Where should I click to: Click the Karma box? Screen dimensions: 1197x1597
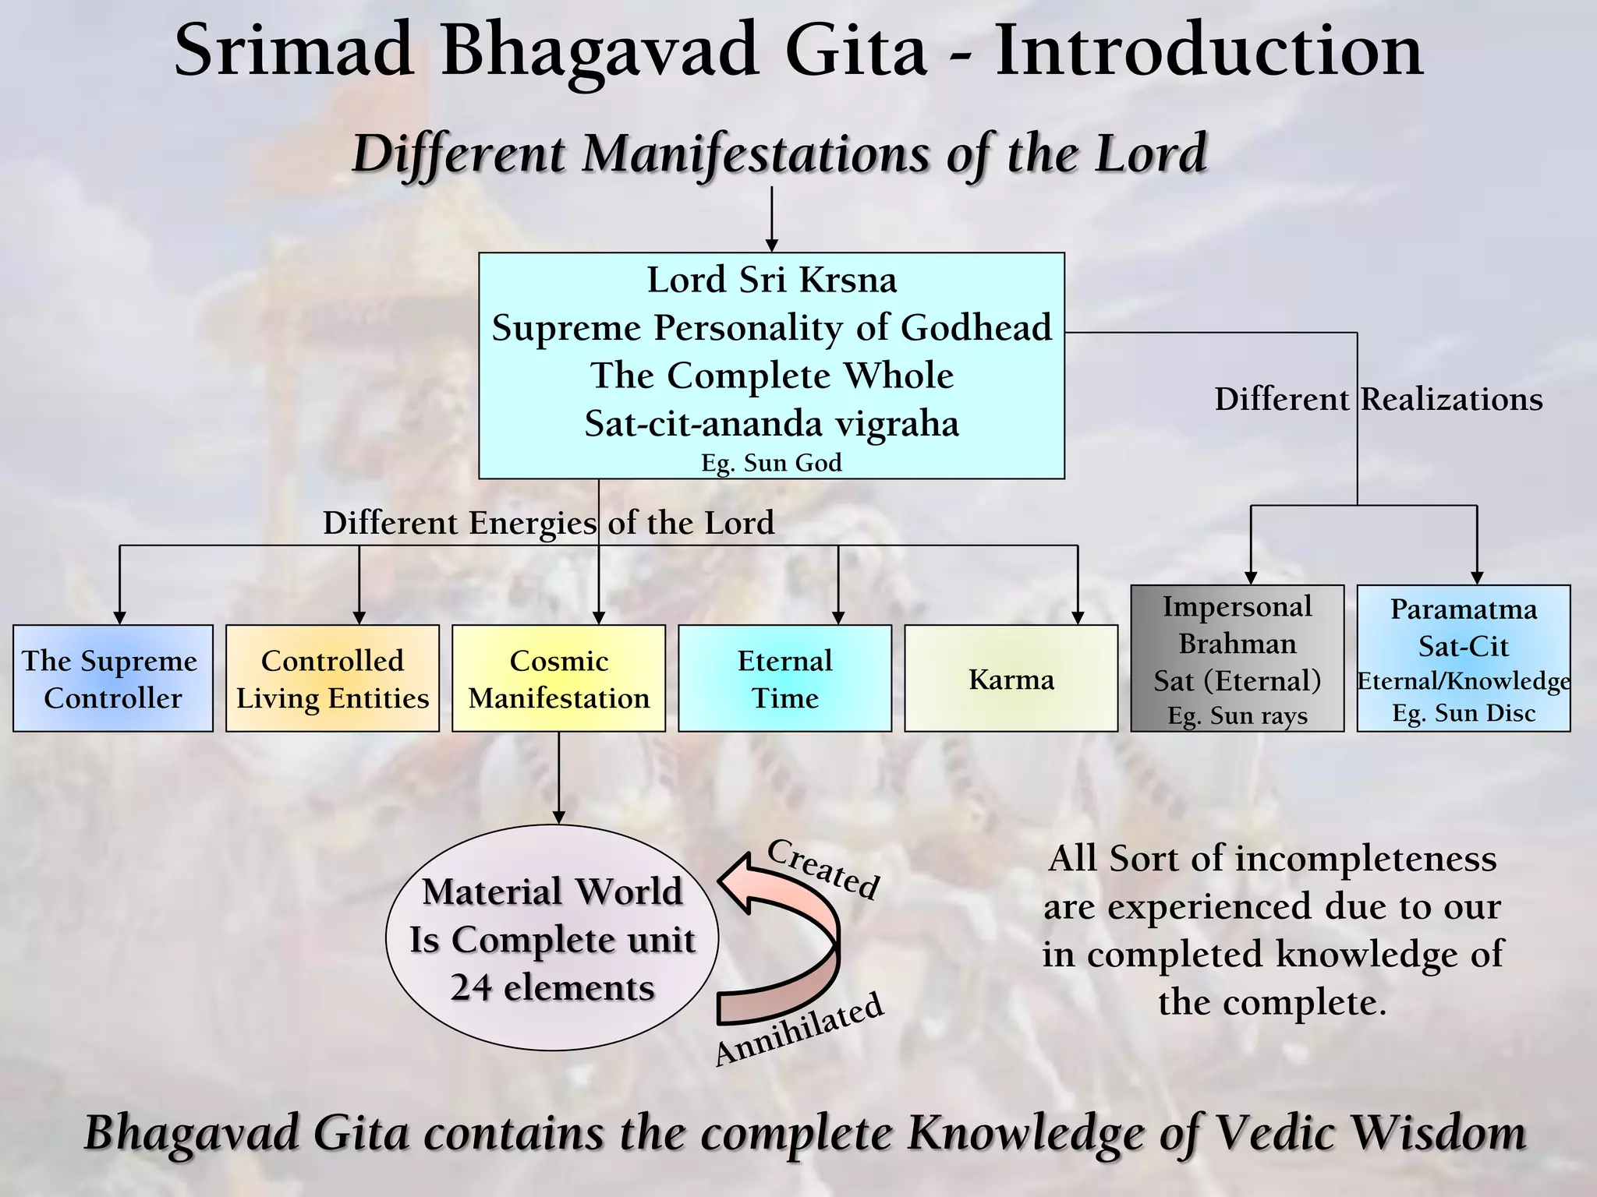click(x=1011, y=679)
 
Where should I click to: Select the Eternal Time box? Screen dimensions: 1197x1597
click(x=784, y=679)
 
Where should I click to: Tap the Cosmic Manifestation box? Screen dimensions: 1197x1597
click(x=558, y=679)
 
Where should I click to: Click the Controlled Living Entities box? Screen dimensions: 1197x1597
click(x=332, y=679)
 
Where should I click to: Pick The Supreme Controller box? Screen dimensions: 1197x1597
click(x=112, y=679)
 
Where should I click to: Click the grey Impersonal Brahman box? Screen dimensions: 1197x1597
click(x=1237, y=659)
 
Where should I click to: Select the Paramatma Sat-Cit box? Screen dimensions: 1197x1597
click(x=1463, y=659)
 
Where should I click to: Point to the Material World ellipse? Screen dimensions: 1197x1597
click(x=551, y=938)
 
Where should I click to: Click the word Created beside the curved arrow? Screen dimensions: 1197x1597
click(x=823, y=870)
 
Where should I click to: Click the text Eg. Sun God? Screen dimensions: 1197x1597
click(x=771, y=463)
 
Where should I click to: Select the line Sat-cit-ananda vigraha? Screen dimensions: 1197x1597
click(x=771, y=424)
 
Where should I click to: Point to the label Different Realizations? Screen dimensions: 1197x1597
click(x=1378, y=399)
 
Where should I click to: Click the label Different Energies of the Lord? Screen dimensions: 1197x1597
click(x=548, y=523)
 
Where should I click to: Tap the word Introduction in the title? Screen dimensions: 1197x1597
click(x=1209, y=50)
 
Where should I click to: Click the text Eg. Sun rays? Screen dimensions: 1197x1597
click(x=1237, y=715)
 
